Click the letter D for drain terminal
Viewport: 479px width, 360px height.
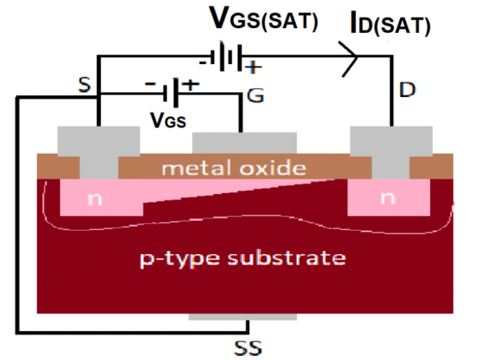coord(409,89)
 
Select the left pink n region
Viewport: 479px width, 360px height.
coord(96,198)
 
